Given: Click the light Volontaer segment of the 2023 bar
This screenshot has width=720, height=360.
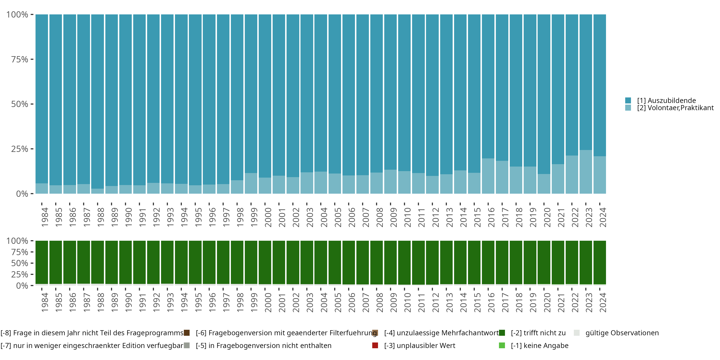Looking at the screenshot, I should click(x=586, y=172).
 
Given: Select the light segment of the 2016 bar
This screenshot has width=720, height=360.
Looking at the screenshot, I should click(x=488, y=176).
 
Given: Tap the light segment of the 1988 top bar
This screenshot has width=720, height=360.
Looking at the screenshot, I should click(x=97, y=191).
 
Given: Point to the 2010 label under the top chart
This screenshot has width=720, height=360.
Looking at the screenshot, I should click(x=408, y=217).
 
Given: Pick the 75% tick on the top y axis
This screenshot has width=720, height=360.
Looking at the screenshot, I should click(x=20, y=59).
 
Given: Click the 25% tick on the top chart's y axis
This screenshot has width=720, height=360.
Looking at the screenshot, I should click(x=20, y=149).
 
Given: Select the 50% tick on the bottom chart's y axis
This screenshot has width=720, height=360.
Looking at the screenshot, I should click(x=20, y=263).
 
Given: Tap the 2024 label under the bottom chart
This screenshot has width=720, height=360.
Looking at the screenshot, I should click(x=603, y=302).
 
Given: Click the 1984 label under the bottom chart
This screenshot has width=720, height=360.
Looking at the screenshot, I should click(x=45, y=302).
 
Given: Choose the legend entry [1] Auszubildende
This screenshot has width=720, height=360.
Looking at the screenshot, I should click(x=666, y=100).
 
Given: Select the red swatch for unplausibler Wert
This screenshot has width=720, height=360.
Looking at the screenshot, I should click(x=375, y=345).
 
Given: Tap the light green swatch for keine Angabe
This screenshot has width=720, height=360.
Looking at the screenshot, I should click(x=502, y=345).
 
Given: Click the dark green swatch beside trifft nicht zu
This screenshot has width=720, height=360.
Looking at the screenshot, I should click(x=502, y=333).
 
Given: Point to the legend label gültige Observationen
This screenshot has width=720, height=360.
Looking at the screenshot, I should click(x=622, y=333).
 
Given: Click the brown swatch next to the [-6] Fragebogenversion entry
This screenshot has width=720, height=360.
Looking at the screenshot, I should click(x=187, y=333).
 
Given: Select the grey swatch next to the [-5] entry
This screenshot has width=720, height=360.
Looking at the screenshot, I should click(x=187, y=345).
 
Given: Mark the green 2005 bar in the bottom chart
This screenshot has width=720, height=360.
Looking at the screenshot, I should click(x=335, y=262).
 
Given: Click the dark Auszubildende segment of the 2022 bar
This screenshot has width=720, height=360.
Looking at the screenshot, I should click(x=572, y=84).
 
